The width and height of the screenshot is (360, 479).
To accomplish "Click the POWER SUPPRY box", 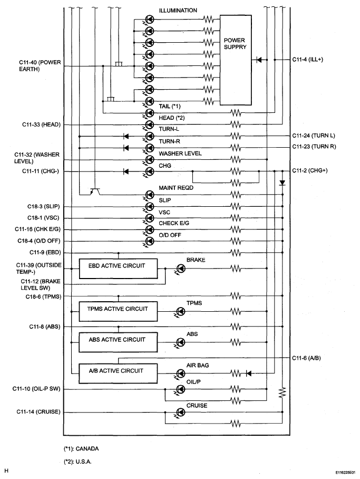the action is pos(236,60).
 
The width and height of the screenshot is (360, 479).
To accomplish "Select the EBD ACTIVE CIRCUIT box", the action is pos(118,269).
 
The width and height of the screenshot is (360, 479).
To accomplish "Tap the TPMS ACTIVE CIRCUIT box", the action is pos(118,311).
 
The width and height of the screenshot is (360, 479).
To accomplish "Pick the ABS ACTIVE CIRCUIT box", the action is pos(118,342).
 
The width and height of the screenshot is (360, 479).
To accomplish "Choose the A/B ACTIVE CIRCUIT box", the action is pos(118,373).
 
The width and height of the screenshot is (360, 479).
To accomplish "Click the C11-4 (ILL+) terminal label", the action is pos(307,59).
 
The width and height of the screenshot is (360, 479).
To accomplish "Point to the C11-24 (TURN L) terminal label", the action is pos(313,136).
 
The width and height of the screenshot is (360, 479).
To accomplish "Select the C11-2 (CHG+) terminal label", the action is pos(309,170).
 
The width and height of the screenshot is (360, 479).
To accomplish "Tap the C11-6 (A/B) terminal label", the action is pos(306,358).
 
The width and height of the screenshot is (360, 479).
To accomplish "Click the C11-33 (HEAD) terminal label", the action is pos(41,124).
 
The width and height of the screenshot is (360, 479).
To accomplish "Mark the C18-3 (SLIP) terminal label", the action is pos(43,206).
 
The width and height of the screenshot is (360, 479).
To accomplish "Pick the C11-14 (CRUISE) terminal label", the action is pos(38,411).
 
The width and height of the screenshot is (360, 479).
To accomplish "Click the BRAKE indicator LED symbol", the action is pos(180,269).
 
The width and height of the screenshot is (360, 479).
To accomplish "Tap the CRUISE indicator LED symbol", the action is pos(180,413).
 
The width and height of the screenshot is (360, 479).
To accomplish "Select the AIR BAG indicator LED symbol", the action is pos(180,373).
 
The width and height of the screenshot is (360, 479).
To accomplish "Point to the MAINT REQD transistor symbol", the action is pos(95,191).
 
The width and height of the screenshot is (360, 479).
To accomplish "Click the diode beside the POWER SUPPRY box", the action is pos(259,60).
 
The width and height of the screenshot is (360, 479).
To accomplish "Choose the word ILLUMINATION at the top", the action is pos(178,11).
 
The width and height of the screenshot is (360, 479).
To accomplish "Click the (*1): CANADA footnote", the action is pos(81,448).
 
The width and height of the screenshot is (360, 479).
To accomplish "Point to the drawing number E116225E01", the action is pos(345,472).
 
